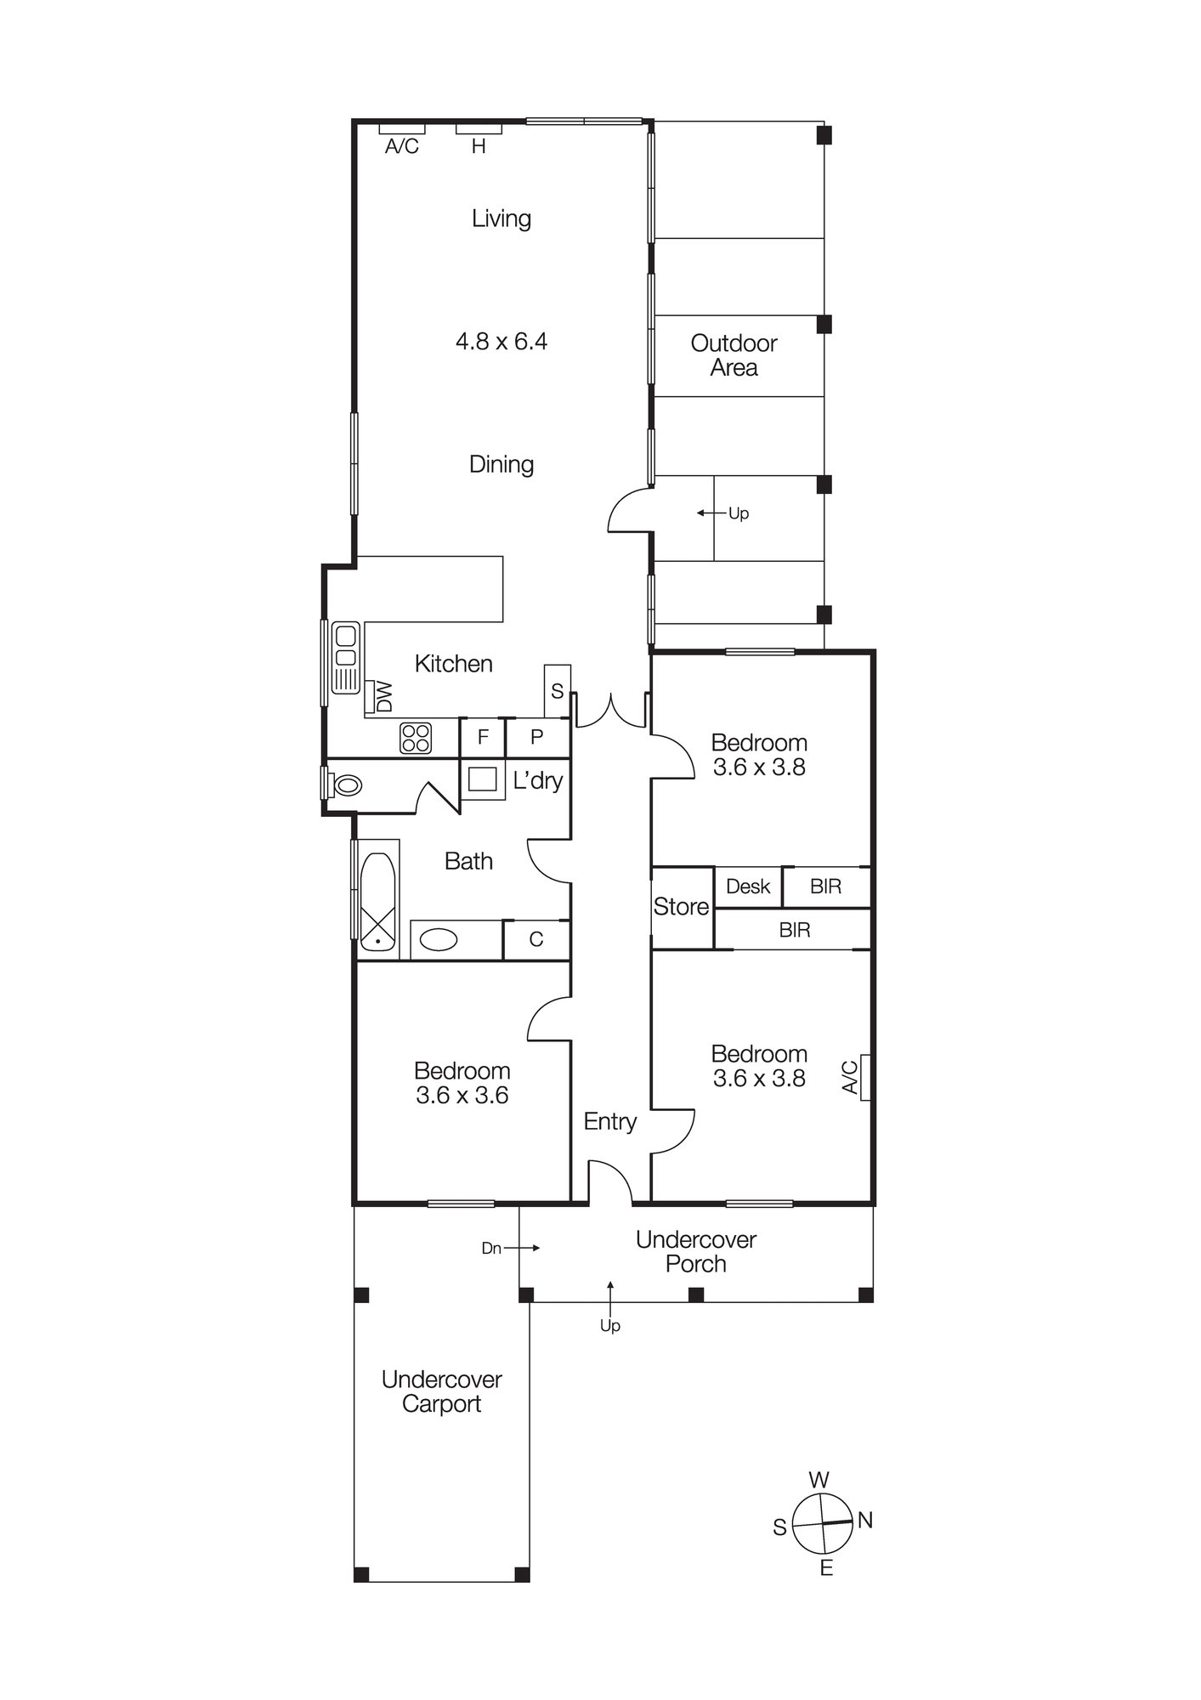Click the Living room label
(501, 218)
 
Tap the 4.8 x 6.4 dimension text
(501, 342)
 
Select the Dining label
(501, 464)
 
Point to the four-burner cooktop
(416, 738)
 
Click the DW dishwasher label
(384, 696)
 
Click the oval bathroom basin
(439, 939)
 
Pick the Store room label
(681, 907)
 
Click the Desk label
(748, 887)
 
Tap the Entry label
(610, 1121)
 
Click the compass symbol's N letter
(865, 1520)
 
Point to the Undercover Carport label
(441, 1391)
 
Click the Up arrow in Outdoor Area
(711, 513)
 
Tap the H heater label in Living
(479, 146)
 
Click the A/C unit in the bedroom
(864, 1077)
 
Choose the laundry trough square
(482, 779)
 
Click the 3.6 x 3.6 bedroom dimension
(462, 1096)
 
